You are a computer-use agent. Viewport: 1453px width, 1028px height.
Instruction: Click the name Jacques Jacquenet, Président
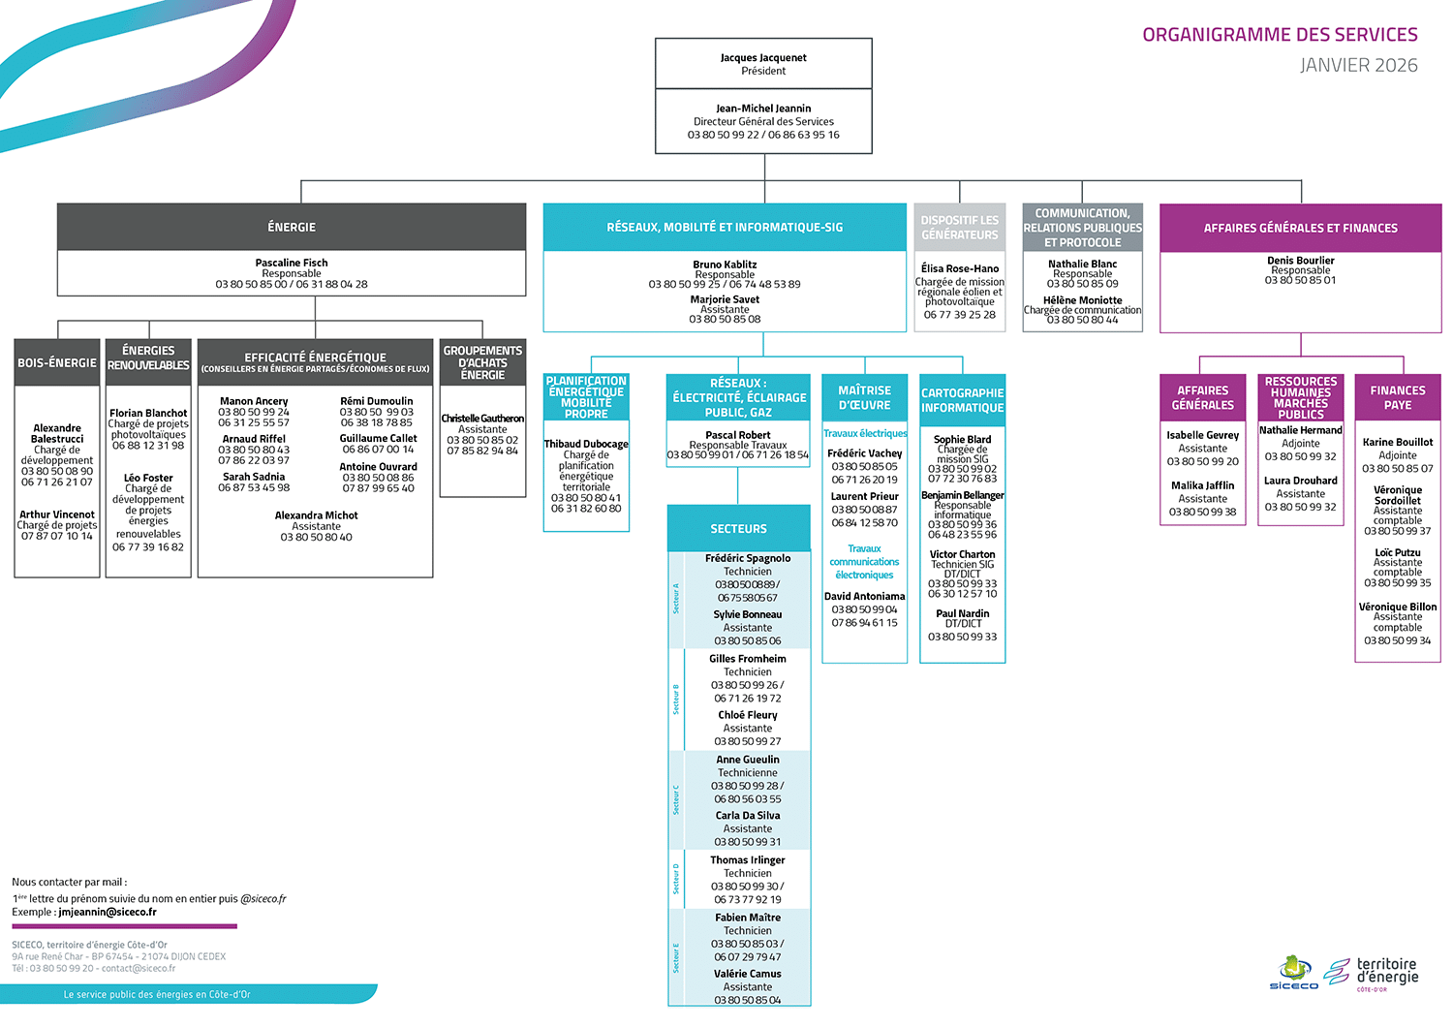click(763, 58)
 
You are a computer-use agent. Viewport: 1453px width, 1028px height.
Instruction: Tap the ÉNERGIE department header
click(292, 227)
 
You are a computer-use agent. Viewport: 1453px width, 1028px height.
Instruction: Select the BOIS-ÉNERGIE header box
click(57, 362)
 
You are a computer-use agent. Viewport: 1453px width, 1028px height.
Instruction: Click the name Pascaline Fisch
click(292, 263)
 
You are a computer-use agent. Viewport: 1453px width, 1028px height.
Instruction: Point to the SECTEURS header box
click(738, 529)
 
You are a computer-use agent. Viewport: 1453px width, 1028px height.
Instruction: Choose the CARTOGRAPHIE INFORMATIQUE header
click(962, 400)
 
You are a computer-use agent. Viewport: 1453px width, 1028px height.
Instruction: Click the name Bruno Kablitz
click(725, 265)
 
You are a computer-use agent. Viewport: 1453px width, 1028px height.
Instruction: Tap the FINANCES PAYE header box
click(1397, 397)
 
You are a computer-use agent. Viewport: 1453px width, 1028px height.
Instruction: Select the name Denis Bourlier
click(1300, 261)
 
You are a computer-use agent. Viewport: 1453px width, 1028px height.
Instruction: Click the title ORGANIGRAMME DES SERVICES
click(1280, 35)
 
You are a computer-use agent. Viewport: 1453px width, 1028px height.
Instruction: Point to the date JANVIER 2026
click(1358, 66)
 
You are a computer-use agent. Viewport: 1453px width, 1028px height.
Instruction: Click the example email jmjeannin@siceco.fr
click(107, 912)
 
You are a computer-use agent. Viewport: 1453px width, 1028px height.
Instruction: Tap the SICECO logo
click(1293, 972)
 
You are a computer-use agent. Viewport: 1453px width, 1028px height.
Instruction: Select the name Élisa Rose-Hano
click(959, 268)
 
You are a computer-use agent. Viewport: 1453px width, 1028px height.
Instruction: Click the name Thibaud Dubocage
click(586, 444)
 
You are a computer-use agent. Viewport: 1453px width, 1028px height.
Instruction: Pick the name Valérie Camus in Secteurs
click(747, 974)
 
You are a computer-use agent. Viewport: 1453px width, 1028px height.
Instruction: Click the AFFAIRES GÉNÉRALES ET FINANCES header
click(1300, 229)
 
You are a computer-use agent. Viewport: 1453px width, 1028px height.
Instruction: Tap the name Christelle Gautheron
click(482, 419)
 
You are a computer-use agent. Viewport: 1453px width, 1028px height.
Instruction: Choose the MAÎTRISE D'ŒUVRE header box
click(864, 397)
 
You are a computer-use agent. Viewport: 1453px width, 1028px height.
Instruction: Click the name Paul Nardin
click(962, 613)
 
